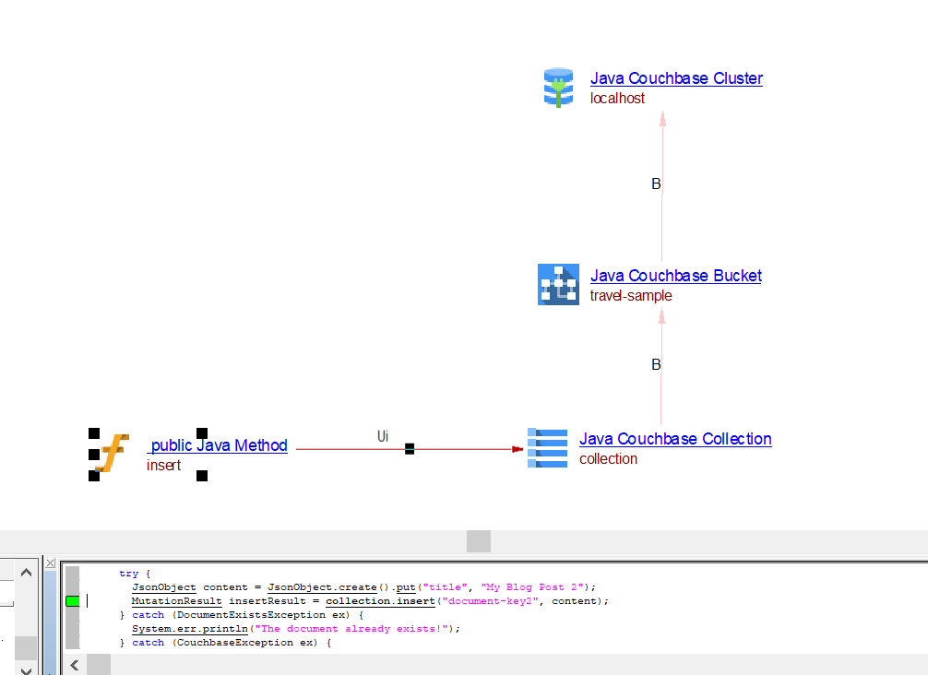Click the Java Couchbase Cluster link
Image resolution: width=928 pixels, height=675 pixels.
pyautogui.click(x=676, y=78)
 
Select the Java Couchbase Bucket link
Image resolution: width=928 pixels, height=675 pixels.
pyautogui.click(x=675, y=276)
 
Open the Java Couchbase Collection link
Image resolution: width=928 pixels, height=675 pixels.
pyautogui.click(x=675, y=439)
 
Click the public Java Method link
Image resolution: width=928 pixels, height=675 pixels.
pyautogui.click(x=218, y=445)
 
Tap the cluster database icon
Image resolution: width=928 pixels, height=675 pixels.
pyautogui.click(x=558, y=88)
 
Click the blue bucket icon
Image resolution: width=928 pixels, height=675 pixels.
pyautogui.click(x=558, y=284)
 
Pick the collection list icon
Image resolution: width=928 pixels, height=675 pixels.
pyautogui.click(x=547, y=448)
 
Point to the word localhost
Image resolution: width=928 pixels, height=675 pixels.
pyautogui.click(x=617, y=98)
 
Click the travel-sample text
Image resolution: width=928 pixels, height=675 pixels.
pyautogui.click(x=631, y=295)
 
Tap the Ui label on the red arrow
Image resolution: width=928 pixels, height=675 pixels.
pyautogui.click(x=383, y=435)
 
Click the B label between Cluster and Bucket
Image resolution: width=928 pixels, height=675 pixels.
pyautogui.click(x=656, y=184)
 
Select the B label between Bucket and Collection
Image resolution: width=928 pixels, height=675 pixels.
pyautogui.click(x=656, y=365)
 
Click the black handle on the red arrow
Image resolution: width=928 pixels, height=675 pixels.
pyautogui.click(x=410, y=449)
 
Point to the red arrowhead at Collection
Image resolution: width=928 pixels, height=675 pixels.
pyautogui.click(x=518, y=449)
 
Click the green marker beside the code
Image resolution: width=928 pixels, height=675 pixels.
pyautogui.click(x=72, y=601)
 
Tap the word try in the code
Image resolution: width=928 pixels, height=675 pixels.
pyautogui.click(x=128, y=574)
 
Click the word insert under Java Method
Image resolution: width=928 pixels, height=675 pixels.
pyautogui.click(x=163, y=465)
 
